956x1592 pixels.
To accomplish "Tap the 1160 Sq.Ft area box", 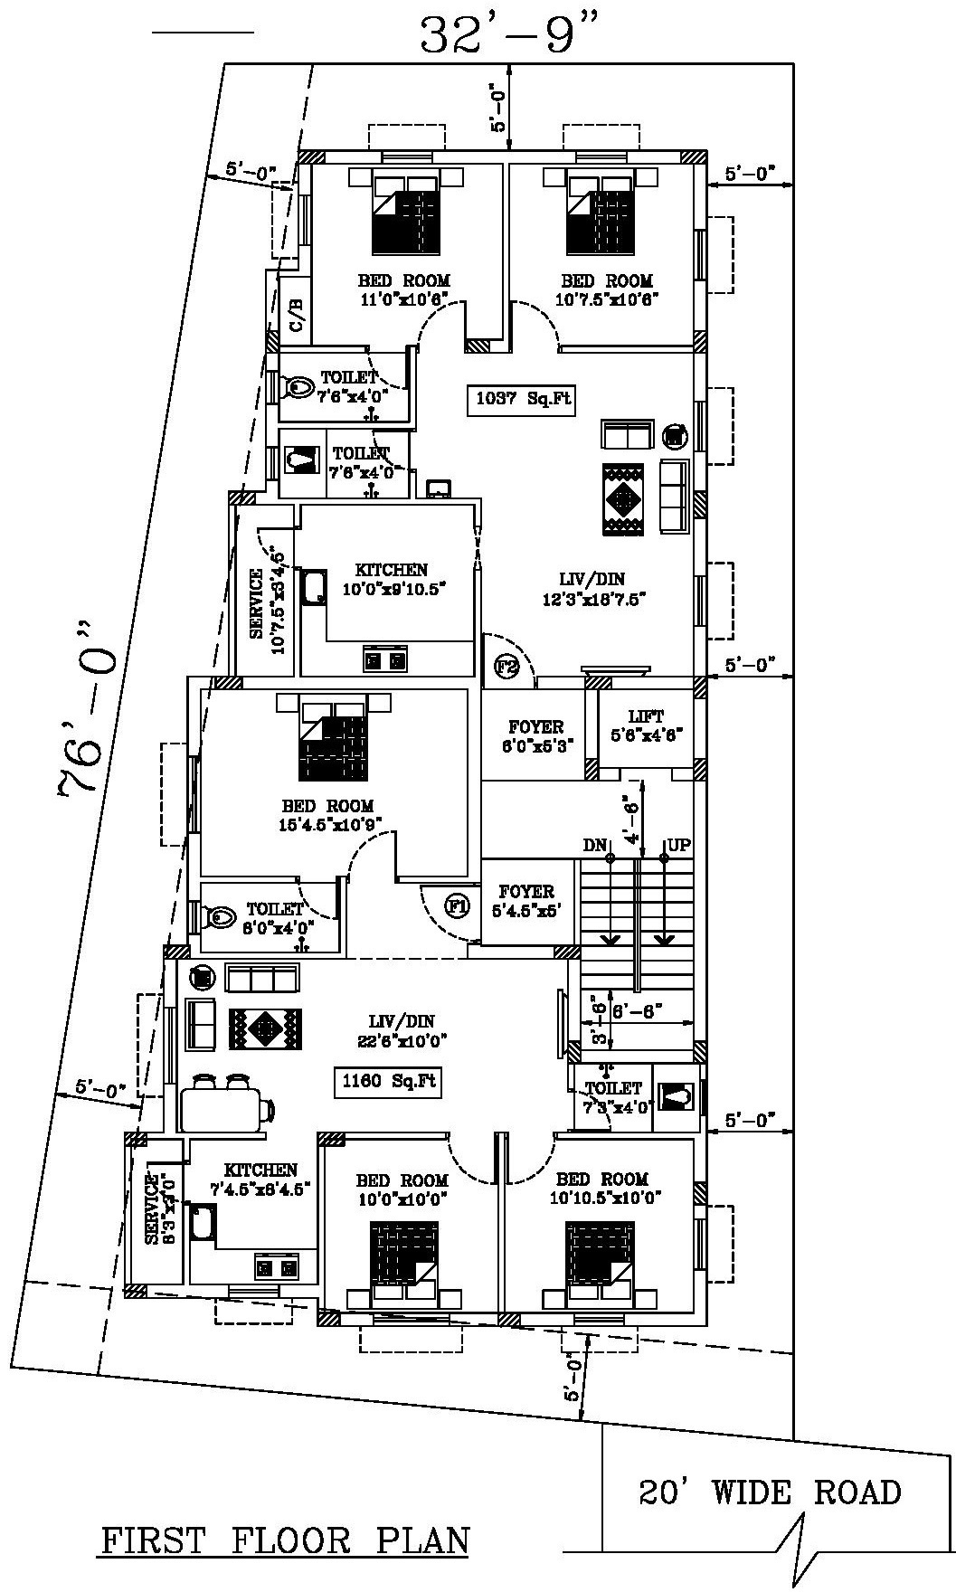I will [x=389, y=1081].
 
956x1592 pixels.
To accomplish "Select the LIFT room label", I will [x=646, y=725].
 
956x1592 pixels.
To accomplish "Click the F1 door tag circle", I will [x=458, y=905].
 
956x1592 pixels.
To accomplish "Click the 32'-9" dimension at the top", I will [x=510, y=36].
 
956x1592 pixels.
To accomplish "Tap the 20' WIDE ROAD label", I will [x=770, y=1492].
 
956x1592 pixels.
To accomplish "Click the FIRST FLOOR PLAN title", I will [x=284, y=1540].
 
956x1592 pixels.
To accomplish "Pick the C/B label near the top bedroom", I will [x=296, y=314].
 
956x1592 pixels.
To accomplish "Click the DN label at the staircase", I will [x=594, y=846].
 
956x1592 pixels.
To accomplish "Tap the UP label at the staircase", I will [x=678, y=846].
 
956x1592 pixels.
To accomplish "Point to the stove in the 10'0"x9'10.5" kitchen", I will [x=384, y=660].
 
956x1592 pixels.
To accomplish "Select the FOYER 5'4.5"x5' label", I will [x=525, y=901].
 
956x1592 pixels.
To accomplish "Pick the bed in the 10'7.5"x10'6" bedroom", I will [x=599, y=211].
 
